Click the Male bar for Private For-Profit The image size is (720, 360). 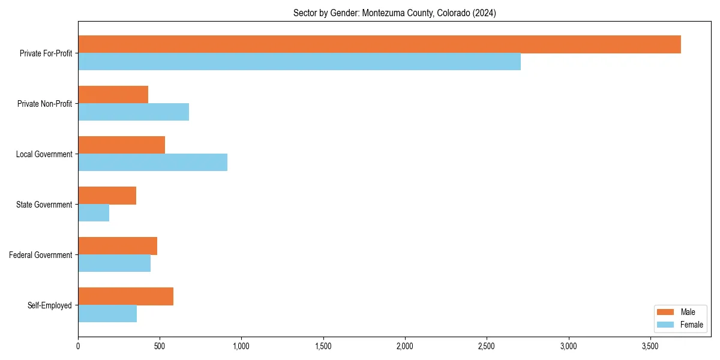379,44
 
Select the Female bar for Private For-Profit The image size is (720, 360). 299,62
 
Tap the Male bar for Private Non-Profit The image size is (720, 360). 113,95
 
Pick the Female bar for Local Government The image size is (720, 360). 152,163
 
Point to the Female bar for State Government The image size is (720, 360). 94,213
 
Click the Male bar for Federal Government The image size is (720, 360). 118,246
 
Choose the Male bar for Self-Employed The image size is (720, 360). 125,296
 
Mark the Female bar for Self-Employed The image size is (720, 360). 107,314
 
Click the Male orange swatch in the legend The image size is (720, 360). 666,312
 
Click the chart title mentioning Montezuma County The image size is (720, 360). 394,13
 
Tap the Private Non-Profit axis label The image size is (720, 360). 44,104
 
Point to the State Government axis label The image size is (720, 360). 44,205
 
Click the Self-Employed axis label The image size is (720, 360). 49,305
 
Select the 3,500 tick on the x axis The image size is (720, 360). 650,346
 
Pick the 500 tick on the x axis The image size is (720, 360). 160,346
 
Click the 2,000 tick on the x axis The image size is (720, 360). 405,346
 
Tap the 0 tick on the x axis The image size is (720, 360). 78,346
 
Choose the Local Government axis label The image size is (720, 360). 44,154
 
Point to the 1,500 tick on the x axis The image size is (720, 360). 323,346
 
